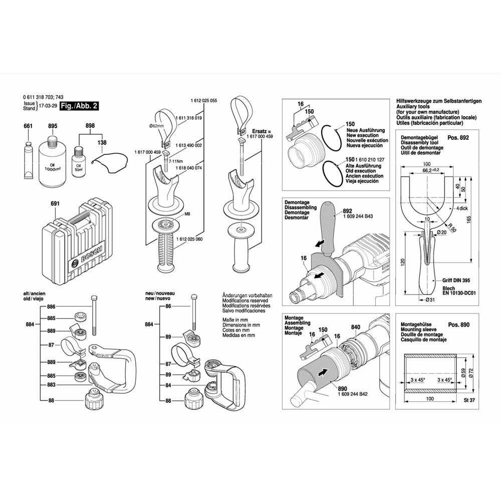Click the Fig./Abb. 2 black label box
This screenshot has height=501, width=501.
tap(79, 106)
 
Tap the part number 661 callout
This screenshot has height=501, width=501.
tap(28, 126)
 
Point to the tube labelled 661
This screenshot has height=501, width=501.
tap(28, 160)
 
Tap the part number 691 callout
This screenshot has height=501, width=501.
tap(55, 203)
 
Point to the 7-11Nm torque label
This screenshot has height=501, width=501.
tap(175, 162)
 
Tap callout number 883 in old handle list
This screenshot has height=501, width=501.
tap(51, 385)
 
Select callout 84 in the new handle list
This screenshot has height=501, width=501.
tap(168, 385)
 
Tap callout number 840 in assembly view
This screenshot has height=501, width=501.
tap(356, 327)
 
